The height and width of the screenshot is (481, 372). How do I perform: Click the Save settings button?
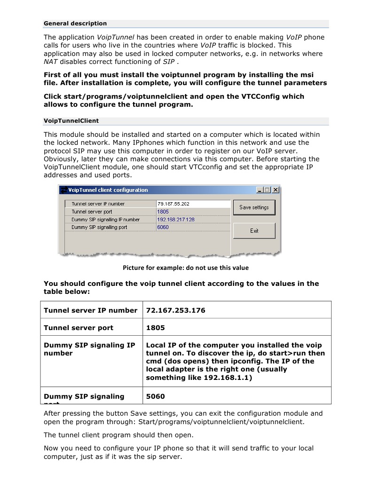(x=254, y=207)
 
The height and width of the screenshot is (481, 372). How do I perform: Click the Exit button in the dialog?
(x=254, y=231)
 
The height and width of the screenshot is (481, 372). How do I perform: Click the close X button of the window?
(x=276, y=190)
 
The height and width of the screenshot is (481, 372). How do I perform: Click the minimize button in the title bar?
(x=260, y=190)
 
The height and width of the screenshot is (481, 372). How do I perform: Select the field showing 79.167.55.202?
(x=193, y=204)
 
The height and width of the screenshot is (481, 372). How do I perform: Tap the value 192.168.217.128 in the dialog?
(x=176, y=220)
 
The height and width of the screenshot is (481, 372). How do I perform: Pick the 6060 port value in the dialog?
(x=163, y=227)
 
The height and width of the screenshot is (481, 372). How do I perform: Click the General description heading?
(x=75, y=24)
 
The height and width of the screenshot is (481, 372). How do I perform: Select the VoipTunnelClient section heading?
(x=71, y=121)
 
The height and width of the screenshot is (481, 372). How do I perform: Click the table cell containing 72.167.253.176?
(x=175, y=310)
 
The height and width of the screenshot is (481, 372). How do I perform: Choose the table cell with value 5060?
(x=155, y=396)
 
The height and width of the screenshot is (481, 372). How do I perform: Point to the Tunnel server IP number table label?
(x=90, y=310)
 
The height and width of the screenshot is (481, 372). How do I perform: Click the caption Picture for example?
(x=186, y=268)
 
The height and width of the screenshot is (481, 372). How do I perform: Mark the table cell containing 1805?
(x=155, y=327)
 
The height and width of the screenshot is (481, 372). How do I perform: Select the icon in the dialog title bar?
(x=63, y=190)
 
